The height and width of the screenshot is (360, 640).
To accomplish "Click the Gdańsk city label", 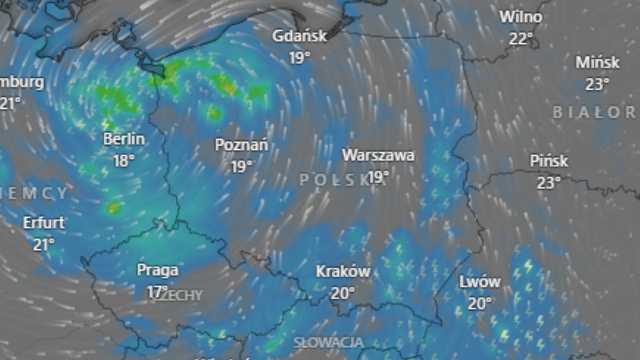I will point(299,36).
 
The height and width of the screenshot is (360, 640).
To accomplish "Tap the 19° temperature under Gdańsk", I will point(300,58).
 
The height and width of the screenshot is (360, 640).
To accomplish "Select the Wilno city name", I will point(521,17).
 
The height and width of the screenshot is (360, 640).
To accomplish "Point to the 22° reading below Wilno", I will point(521,38).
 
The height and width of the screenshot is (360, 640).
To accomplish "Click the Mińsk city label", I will point(597,62).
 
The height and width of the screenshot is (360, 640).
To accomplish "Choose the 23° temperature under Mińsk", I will point(597,84).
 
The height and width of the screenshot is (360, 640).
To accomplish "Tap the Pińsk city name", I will point(549,161).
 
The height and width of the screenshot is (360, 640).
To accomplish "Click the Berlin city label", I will point(124,139).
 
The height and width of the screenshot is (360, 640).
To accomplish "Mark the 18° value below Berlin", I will point(124,161).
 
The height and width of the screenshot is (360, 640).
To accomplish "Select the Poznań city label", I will point(242,145).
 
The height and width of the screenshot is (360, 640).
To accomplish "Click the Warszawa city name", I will point(378,155).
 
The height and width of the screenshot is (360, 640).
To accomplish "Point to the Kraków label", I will point(343,271).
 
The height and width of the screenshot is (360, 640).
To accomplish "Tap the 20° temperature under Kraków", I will point(343,293).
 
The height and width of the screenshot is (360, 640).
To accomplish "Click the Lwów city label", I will point(480,282).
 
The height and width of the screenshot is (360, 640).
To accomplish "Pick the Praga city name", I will point(157,270).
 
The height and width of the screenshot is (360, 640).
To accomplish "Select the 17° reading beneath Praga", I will point(156,291).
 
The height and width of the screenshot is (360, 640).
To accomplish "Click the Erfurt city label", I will point(44,223).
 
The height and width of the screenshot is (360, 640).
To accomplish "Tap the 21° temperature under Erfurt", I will point(44,244).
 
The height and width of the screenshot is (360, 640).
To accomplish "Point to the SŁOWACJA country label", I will point(329,342).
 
